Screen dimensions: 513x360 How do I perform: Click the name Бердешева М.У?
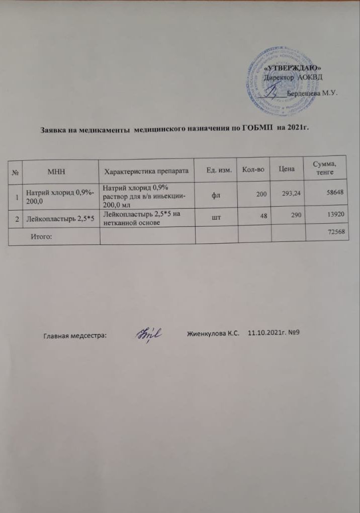click(311, 94)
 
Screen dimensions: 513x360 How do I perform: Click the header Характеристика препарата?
click(146, 172)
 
